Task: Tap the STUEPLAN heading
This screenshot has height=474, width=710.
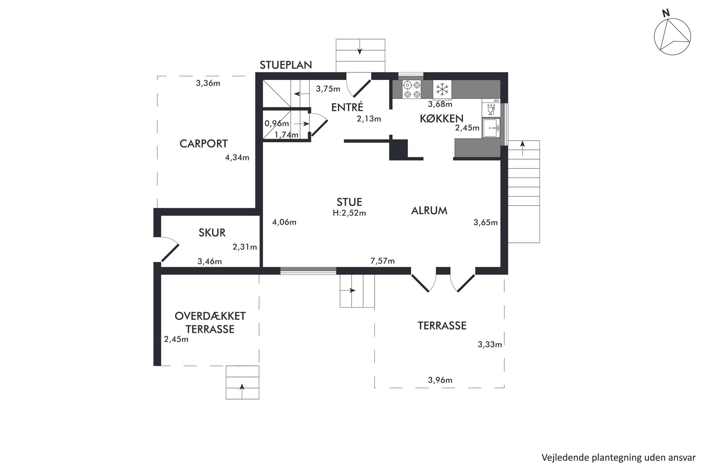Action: point(286,65)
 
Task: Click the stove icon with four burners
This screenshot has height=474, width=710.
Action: point(412,90)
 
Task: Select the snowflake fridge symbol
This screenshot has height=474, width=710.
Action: point(442,89)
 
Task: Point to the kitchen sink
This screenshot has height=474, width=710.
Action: point(491,128)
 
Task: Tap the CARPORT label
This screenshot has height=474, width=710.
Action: point(203,144)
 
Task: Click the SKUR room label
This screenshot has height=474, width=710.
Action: point(212,233)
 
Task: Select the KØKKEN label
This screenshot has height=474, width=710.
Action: point(441,119)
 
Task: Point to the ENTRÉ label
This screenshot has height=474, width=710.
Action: point(347,107)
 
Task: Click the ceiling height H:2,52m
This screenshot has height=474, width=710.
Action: point(349,213)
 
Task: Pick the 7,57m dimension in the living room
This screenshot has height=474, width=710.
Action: point(383,261)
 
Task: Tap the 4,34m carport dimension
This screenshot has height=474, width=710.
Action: point(237,157)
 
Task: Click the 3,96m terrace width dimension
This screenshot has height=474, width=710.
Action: point(440,380)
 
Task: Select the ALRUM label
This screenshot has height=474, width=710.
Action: point(429,211)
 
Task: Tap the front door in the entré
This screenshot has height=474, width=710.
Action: point(359,88)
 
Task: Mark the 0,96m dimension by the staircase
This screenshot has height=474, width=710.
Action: point(277,124)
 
